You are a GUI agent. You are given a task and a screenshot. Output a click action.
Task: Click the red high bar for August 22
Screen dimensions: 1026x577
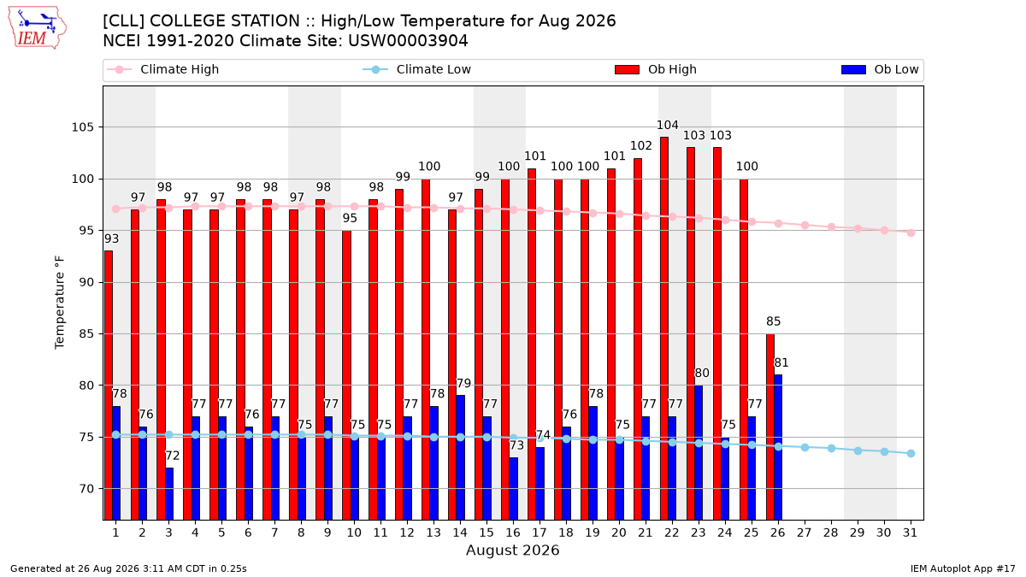664,328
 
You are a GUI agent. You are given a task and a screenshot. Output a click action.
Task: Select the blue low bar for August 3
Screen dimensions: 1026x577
169,494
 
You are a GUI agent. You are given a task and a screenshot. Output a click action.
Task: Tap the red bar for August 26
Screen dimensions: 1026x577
770,427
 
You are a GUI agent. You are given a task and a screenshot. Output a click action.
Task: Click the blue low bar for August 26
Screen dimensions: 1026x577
778,447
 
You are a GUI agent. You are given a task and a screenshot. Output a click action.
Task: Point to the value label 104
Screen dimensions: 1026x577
668,125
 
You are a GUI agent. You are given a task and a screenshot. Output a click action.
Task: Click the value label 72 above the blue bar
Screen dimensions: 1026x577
173,456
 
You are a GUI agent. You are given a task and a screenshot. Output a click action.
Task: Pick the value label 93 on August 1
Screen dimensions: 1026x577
111,238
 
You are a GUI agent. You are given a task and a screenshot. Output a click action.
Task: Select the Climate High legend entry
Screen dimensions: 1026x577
163,69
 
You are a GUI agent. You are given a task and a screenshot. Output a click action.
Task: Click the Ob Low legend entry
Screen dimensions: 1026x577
880,69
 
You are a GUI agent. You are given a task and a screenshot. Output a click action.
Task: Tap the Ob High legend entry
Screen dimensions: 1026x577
656,69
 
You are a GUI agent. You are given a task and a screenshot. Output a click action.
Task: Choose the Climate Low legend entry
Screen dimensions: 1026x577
417,69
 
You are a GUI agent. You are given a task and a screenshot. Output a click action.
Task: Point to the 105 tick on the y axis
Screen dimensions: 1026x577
82,127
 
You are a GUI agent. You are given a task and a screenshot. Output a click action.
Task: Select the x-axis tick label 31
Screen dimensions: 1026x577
910,533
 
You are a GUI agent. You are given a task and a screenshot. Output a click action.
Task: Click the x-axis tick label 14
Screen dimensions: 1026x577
460,533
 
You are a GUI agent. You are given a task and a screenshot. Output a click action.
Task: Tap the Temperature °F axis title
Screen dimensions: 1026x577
60,303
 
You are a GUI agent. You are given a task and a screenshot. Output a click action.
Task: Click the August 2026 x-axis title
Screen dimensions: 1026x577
512,550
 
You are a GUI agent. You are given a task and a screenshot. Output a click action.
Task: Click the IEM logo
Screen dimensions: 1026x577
38,28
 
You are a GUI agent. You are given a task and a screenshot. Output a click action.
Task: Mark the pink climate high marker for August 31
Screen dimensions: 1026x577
911,233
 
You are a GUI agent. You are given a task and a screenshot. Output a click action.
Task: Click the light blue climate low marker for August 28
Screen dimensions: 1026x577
831,448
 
